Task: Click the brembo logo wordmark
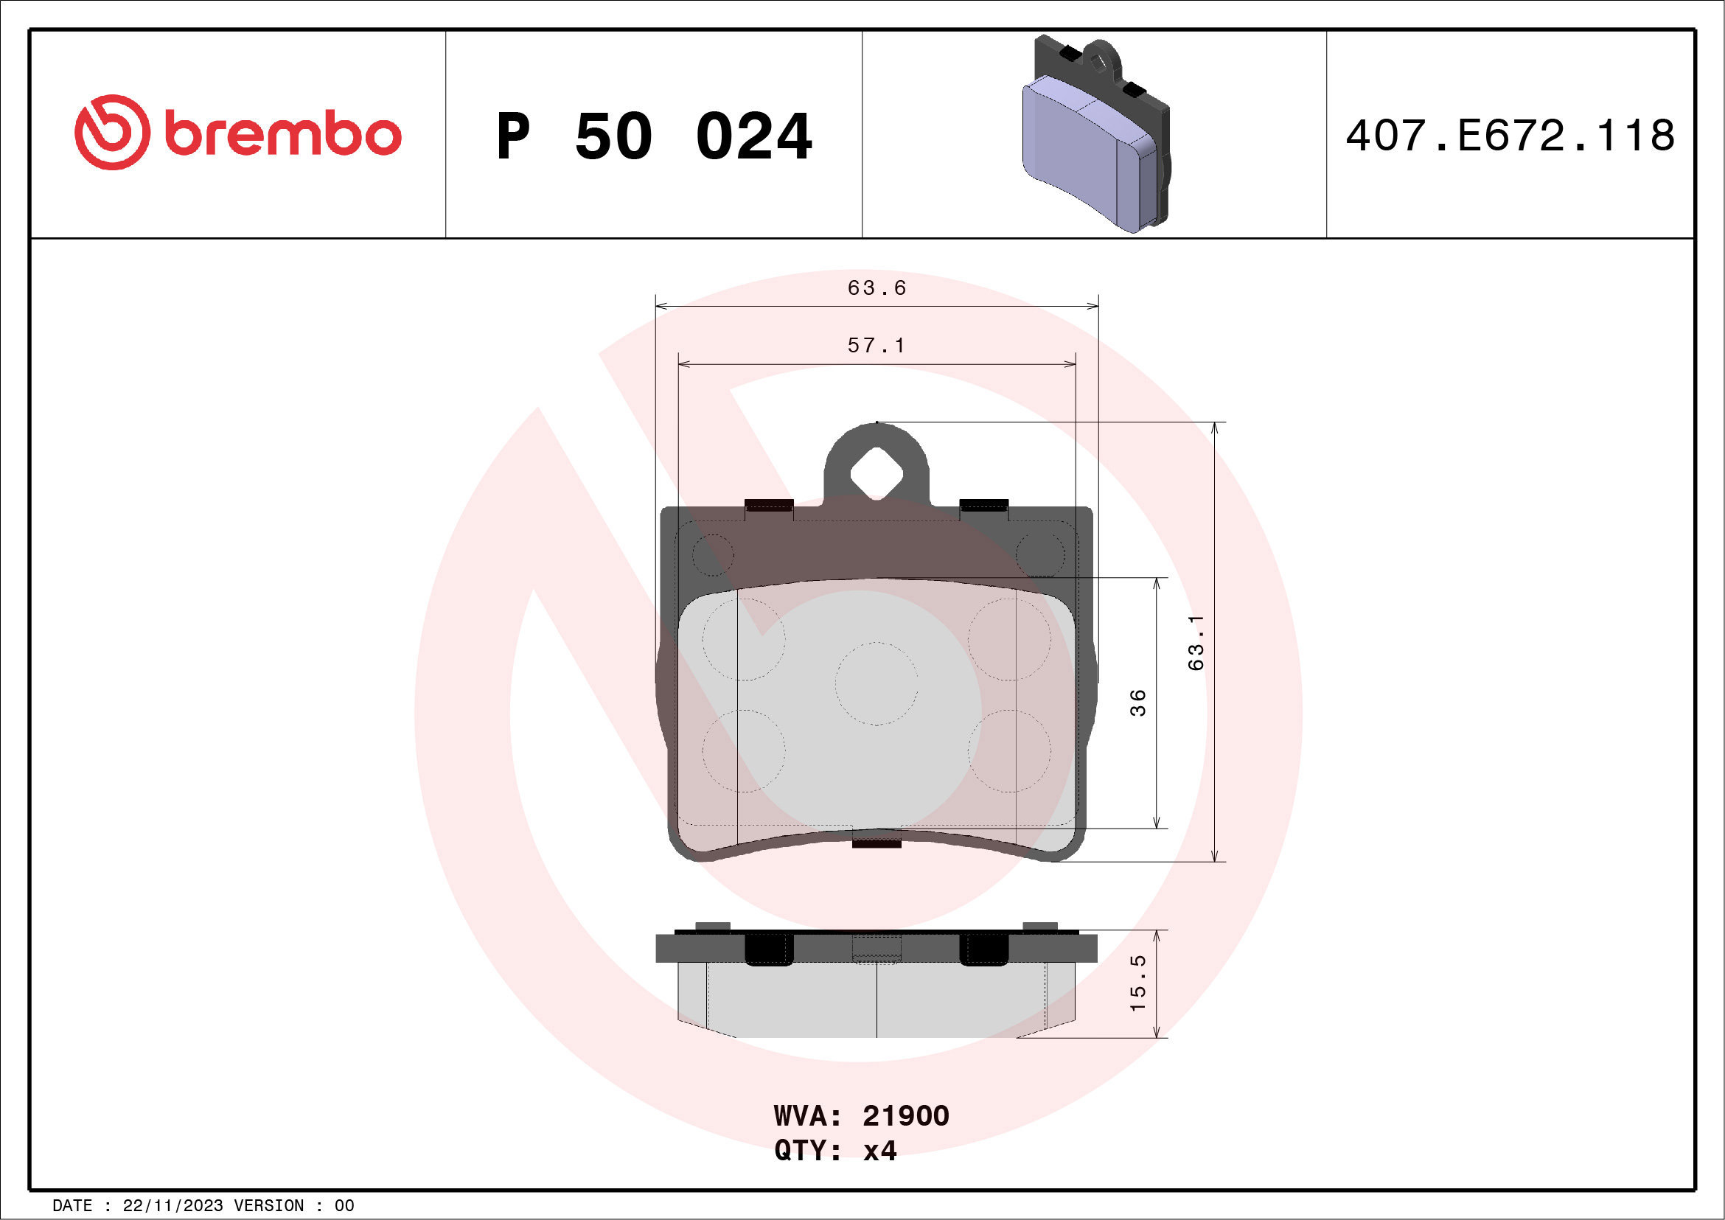click(x=282, y=134)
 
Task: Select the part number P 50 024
click(x=654, y=136)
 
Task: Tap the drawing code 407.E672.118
click(x=1510, y=136)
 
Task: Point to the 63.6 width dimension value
click(x=876, y=288)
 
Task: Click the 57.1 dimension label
click(x=876, y=346)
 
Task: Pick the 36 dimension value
click(x=1138, y=703)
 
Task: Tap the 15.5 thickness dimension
click(x=1138, y=983)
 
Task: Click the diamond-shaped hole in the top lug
click(x=876, y=473)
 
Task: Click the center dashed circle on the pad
click(x=876, y=683)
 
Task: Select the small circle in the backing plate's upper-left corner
click(x=712, y=555)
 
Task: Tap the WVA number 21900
click(x=905, y=1116)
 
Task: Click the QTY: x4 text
click(x=835, y=1151)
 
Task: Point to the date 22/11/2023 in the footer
click(x=172, y=1206)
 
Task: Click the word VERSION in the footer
click(x=268, y=1206)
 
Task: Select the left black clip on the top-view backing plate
click(x=769, y=505)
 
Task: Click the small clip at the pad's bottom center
click(x=876, y=843)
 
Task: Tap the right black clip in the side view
click(x=983, y=949)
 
